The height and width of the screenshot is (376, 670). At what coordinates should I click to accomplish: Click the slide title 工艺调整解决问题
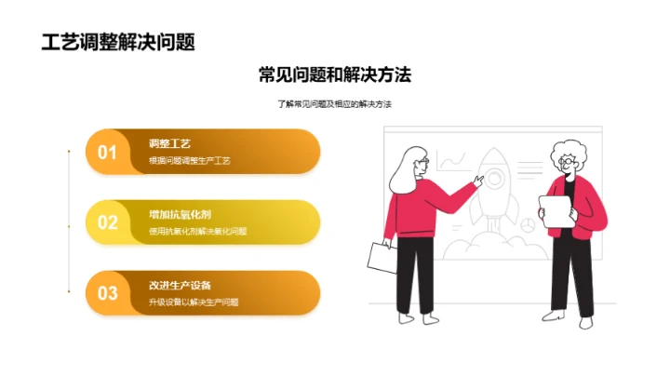(x=119, y=43)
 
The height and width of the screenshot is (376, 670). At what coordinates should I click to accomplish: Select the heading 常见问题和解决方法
(x=335, y=75)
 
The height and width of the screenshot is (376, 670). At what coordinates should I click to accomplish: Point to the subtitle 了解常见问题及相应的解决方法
(x=335, y=104)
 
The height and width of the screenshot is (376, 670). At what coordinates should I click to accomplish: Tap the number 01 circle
(x=108, y=152)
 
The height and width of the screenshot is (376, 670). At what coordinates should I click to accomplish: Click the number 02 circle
(x=108, y=222)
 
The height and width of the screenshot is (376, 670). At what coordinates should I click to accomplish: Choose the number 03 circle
(x=108, y=292)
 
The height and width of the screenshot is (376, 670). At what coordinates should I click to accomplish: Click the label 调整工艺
(x=169, y=143)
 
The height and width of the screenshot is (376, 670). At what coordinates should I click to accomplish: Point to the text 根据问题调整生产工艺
(x=189, y=161)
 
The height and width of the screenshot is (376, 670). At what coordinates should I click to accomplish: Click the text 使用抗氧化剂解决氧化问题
(x=197, y=232)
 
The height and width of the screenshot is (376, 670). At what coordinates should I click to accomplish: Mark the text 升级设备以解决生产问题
(x=194, y=302)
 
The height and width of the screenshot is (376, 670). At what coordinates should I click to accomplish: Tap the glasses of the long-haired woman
(x=422, y=163)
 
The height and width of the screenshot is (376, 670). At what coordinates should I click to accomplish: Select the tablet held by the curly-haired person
(x=556, y=211)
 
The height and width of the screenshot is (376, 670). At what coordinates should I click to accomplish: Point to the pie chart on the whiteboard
(x=526, y=224)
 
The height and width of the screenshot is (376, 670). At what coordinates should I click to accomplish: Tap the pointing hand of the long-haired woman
(x=478, y=181)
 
